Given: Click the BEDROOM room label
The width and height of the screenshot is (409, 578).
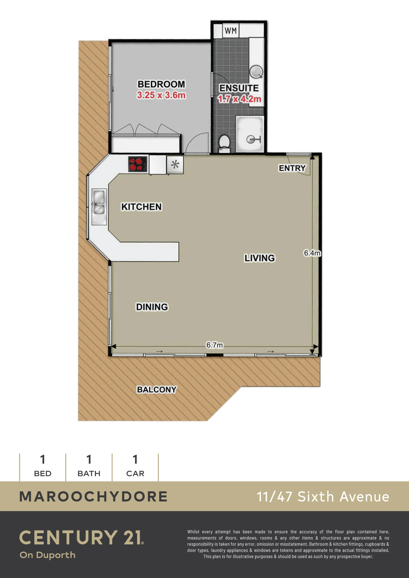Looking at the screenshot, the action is click(x=161, y=84).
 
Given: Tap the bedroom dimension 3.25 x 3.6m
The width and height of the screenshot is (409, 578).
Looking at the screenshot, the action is click(x=161, y=95).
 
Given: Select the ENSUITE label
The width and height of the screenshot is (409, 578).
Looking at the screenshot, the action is click(x=239, y=88).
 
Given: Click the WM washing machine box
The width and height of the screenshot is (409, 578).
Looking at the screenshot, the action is click(x=231, y=31).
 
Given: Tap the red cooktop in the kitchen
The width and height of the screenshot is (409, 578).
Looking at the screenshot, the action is click(x=138, y=164).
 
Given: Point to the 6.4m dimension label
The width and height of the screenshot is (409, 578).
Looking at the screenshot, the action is click(x=312, y=253).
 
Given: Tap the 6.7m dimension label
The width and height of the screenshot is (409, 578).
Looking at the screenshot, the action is click(x=215, y=345).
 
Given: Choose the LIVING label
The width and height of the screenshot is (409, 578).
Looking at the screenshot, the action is click(x=260, y=258).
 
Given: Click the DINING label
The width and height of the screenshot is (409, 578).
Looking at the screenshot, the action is click(x=152, y=307).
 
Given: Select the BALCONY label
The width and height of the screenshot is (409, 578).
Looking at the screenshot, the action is click(x=157, y=390).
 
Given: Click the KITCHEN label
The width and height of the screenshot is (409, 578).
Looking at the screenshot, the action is click(x=141, y=207).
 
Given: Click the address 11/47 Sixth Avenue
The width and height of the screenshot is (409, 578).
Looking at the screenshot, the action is click(x=323, y=497).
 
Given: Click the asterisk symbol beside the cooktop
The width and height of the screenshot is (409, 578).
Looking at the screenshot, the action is click(x=175, y=164).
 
